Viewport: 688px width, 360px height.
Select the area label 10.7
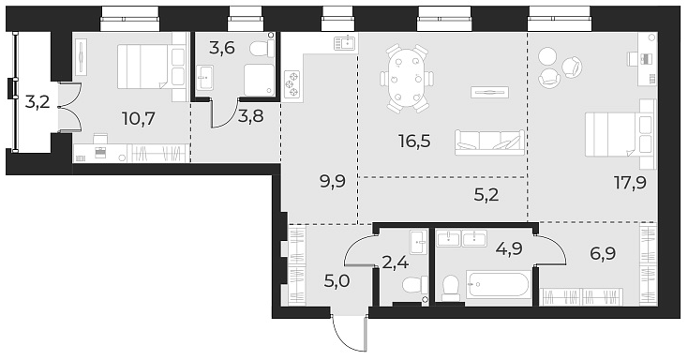coord(140,119)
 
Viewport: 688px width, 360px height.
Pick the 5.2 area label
coord(486,196)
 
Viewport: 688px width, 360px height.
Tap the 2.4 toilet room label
coord(394,262)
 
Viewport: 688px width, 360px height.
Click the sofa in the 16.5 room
coord(488,142)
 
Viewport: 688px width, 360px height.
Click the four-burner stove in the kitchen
coord(294,83)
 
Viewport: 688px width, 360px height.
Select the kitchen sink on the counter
coord(346,41)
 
